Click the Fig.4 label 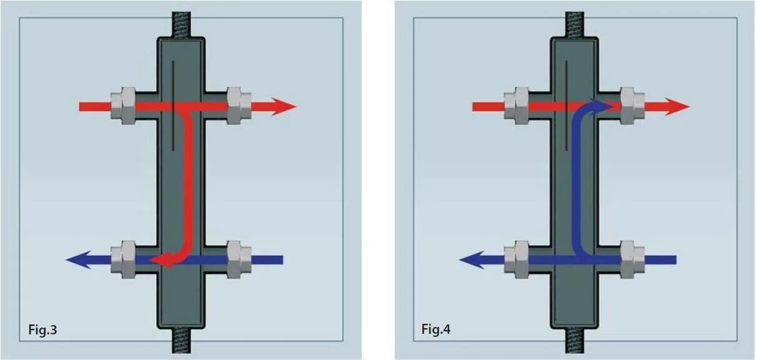coord(436,329)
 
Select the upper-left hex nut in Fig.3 coord(124,107)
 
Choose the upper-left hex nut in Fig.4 coord(517,107)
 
